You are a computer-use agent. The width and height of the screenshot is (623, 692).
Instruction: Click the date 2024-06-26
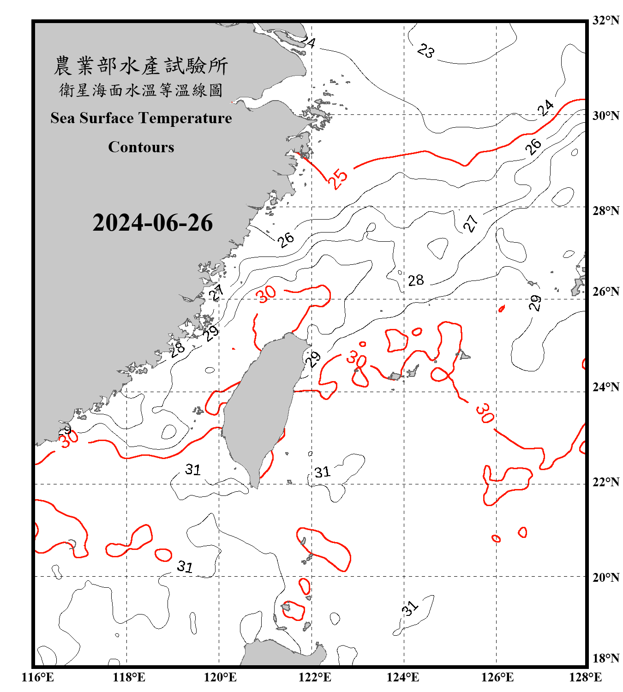tap(152, 223)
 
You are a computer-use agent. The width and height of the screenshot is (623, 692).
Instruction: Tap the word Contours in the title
tap(141, 147)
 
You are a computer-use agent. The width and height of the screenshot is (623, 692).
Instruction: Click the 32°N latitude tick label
tap(606, 20)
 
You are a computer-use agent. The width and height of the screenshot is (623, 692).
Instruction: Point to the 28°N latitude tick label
tap(606, 211)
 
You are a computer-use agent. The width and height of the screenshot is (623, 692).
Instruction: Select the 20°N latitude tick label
tap(606, 577)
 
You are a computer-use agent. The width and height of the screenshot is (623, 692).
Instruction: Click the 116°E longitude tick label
tap(38, 677)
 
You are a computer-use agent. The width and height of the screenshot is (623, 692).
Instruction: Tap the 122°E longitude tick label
tap(315, 677)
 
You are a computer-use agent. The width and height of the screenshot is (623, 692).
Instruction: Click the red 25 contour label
tap(338, 179)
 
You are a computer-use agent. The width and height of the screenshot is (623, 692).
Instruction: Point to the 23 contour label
tap(425, 51)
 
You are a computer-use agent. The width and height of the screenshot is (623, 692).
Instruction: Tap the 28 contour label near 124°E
tap(416, 280)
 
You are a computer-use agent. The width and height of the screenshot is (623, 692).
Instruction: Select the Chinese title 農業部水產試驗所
tap(141, 66)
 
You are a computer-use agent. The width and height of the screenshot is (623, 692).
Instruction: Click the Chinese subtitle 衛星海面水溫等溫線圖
tap(141, 90)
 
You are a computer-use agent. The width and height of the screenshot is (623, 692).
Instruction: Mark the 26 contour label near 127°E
tap(533, 146)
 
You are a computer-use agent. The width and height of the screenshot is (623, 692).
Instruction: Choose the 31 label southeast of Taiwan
tap(323, 472)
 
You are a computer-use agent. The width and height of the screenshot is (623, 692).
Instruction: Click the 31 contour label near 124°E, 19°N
tap(410, 608)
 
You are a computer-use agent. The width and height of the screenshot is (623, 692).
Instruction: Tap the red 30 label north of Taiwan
tap(267, 294)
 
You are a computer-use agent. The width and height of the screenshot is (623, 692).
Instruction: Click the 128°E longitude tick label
tap(585, 677)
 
